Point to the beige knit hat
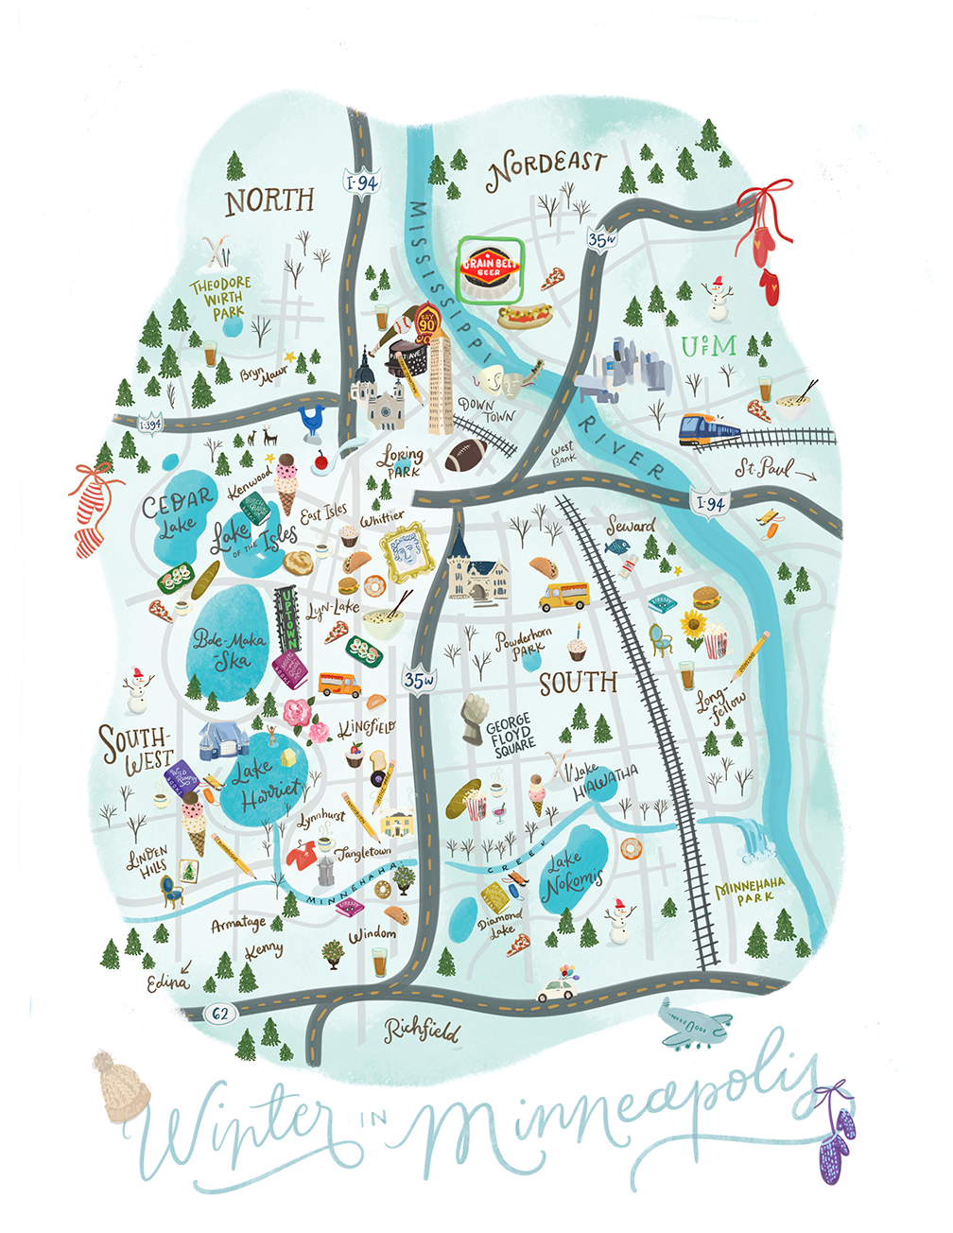(121, 1086)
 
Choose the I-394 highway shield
(149, 425)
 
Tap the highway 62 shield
(220, 1014)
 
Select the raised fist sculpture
(472, 720)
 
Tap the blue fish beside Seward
(615, 547)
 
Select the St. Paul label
(763, 469)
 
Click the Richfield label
(422, 1030)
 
